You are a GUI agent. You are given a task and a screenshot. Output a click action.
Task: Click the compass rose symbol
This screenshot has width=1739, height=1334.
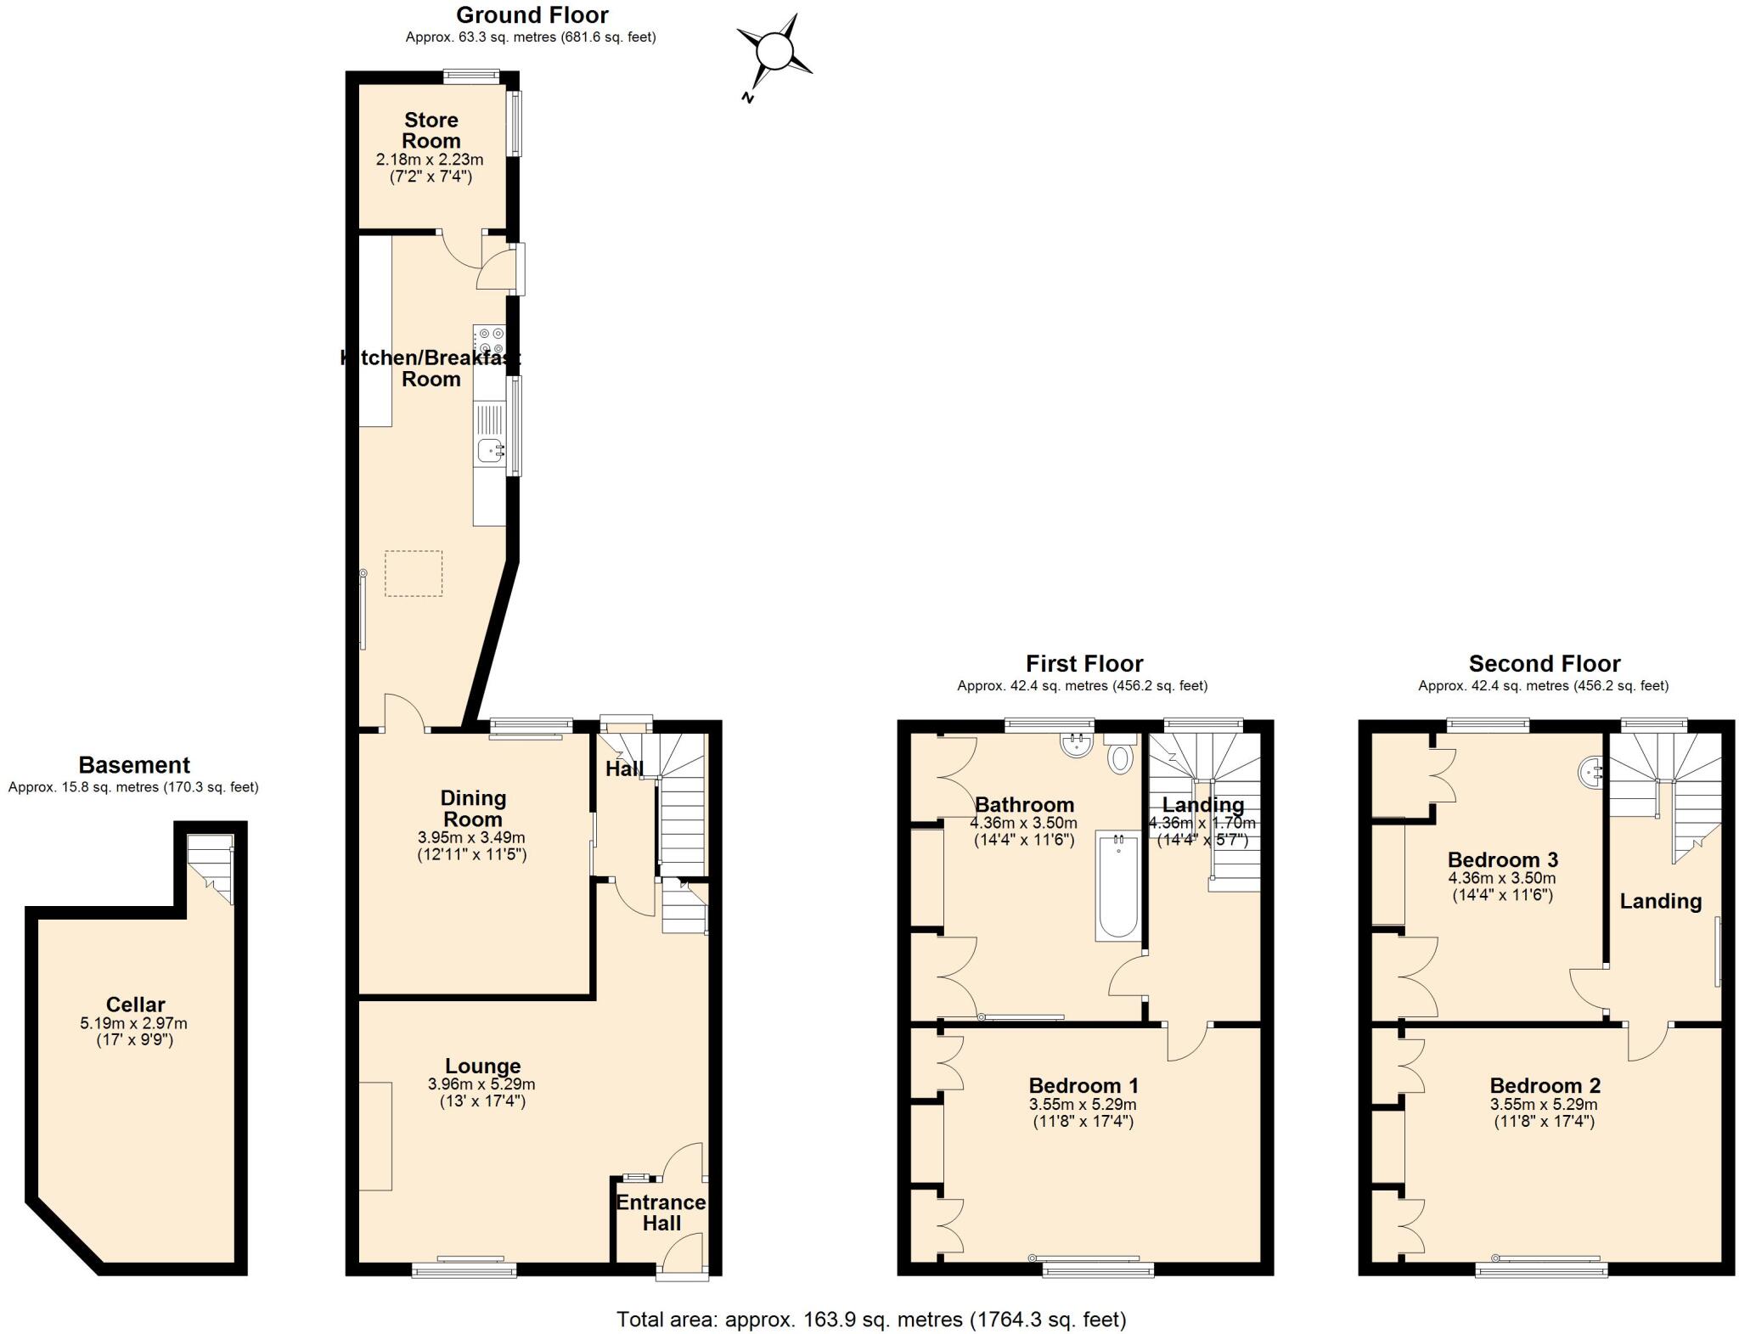pyautogui.click(x=774, y=51)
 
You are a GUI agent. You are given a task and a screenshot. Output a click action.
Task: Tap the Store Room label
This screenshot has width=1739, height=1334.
pyautogui.click(x=431, y=130)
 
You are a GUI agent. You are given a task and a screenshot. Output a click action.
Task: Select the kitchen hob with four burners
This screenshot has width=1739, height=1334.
pyautogui.click(x=490, y=341)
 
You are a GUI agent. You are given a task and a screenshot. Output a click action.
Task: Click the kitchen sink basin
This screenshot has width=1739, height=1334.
pyautogui.click(x=489, y=450)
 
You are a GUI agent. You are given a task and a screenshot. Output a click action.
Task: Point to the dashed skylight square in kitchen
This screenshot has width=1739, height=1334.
pyautogui.click(x=414, y=573)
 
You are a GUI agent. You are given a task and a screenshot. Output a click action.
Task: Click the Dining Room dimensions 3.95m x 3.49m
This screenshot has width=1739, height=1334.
pyautogui.click(x=471, y=837)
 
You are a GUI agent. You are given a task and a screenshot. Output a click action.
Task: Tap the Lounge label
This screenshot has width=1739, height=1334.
pyautogui.click(x=482, y=1066)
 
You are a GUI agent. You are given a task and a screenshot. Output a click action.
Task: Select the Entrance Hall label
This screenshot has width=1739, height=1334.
pyautogui.click(x=661, y=1213)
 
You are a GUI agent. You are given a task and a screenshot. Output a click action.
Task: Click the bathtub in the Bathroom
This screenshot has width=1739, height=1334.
pyautogui.click(x=1117, y=887)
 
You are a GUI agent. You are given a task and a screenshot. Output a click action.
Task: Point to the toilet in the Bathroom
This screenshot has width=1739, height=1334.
pyautogui.click(x=1120, y=757)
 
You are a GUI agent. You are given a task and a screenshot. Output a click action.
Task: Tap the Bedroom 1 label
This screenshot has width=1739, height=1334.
pyautogui.click(x=1083, y=1085)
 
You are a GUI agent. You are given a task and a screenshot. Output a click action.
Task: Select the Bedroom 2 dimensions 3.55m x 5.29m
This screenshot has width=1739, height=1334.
pyautogui.click(x=1544, y=1105)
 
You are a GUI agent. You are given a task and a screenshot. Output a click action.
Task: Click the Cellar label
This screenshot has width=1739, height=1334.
pyautogui.click(x=135, y=1005)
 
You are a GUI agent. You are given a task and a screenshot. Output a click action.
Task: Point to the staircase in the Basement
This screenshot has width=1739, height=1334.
pyautogui.click(x=210, y=866)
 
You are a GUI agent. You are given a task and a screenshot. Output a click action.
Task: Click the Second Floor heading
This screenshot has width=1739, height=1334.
pyautogui.click(x=1544, y=663)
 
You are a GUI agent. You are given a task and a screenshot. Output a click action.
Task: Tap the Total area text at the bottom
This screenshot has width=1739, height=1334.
pyautogui.click(x=870, y=1320)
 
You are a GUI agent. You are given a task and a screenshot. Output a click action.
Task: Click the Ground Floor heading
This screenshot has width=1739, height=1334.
pyautogui.click(x=532, y=15)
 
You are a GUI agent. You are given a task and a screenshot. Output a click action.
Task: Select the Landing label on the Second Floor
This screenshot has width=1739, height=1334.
pyautogui.click(x=1660, y=901)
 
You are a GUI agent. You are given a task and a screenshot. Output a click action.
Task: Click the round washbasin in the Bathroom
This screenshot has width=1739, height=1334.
pyautogui.click(x=1076, y=745)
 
